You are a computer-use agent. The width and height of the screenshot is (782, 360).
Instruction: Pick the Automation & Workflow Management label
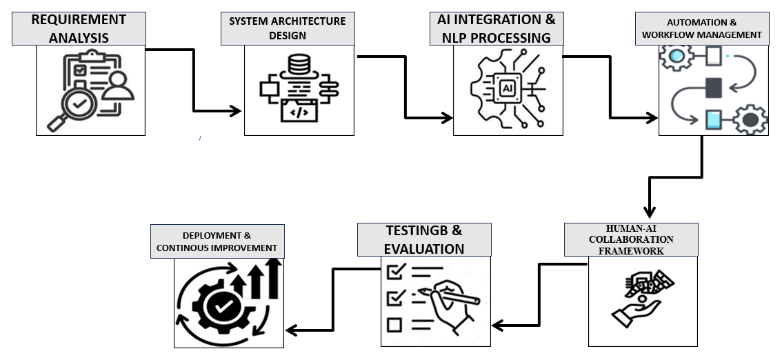tap(701, 28)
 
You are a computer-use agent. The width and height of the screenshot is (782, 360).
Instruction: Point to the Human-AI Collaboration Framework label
tap(631, 240)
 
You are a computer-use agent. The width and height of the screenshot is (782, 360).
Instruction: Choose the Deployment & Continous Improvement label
tap(217, 241)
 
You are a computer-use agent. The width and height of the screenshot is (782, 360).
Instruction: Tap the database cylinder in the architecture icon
tap(299, 68)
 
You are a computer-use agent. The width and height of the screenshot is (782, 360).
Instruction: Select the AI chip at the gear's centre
tap(507, 88)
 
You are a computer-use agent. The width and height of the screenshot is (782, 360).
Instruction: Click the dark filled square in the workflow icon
tap(713, 88)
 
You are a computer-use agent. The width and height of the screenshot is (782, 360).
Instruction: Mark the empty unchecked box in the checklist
tap(394, 324)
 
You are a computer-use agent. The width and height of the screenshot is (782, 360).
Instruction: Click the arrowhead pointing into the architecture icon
tap(237, 110)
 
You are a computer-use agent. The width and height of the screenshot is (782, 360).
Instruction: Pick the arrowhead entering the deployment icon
tap(290, 330)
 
